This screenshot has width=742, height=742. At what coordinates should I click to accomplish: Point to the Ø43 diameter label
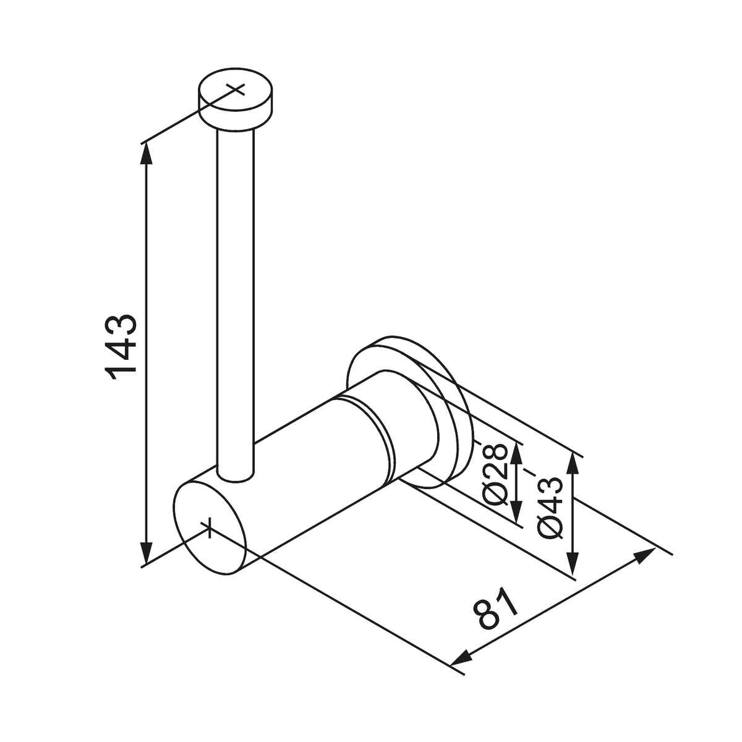click(x=550, y=507)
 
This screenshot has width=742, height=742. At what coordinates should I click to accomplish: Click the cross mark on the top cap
click(x=236, y=88)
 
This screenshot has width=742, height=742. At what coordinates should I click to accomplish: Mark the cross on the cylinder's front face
click(x=210, y=527)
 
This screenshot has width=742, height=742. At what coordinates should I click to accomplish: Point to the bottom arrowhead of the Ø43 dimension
click(x=574, y=565)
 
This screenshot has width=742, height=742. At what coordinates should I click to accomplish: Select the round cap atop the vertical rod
click(x=236, y=102)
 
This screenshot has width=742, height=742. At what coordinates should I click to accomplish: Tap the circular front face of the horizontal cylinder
click(x=210, y=529)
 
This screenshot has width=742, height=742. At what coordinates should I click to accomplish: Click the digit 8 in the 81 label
click(x=488, y=616)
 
